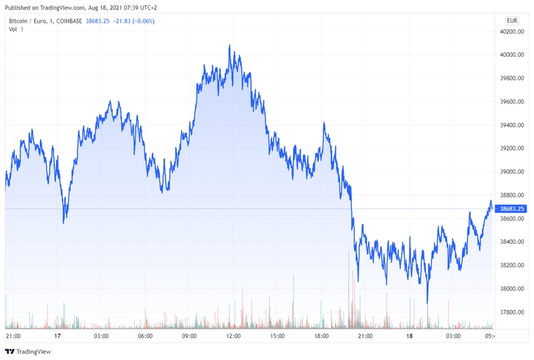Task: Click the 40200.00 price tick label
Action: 512,31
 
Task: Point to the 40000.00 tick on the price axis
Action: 512,55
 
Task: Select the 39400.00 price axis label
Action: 512,125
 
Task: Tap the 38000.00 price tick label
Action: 512,289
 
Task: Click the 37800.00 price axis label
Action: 512,313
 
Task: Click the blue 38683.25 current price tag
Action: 511,208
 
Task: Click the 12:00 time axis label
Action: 233,336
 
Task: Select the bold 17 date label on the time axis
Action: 57,336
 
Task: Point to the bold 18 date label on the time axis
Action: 409,336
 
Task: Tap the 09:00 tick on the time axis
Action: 190,336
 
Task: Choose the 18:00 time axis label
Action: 322,336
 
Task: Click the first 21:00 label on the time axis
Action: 13,336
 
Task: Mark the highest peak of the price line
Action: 229,45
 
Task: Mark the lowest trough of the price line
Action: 427,303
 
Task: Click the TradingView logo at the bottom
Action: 28,351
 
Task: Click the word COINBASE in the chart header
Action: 69,21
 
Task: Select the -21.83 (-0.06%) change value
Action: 134,21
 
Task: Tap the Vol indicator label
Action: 13,29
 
